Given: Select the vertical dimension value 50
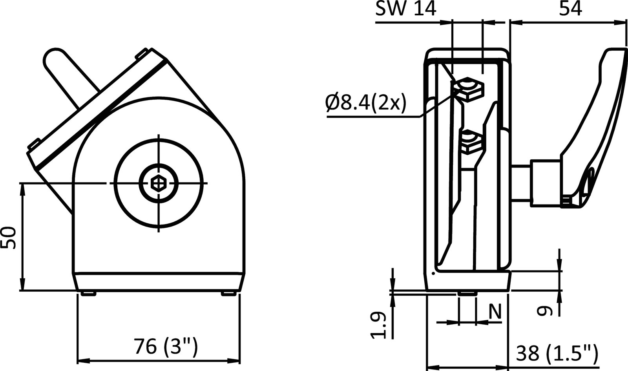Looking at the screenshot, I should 9,237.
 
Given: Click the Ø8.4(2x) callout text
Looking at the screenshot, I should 365,104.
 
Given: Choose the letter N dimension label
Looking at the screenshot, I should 495,313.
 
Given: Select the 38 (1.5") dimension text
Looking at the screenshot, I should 557,353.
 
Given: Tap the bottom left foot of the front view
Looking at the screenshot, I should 89,294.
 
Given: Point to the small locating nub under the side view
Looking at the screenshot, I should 467,293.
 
